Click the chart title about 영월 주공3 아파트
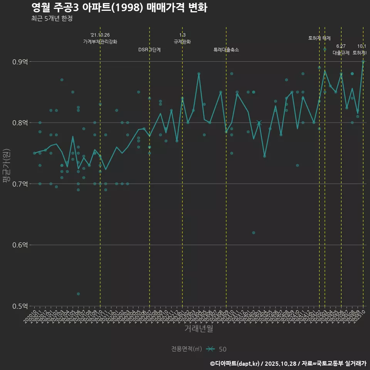click(x=119, y=7)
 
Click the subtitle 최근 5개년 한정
click(x=52, y=18)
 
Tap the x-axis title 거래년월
click(x=198, y=329)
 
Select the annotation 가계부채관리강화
click(x=100, y=42)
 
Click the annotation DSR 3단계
click(x=150, y=50)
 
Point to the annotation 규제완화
click(x=182, y=42)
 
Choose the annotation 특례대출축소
click(x=226, y=50)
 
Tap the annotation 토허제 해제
click(x=320, y=38)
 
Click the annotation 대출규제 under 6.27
click(x=341, y=53)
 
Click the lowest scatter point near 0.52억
click(x=78, y=294)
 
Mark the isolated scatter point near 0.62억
click(x=254, y=233)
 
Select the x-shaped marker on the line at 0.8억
click(x=259, y=123)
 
